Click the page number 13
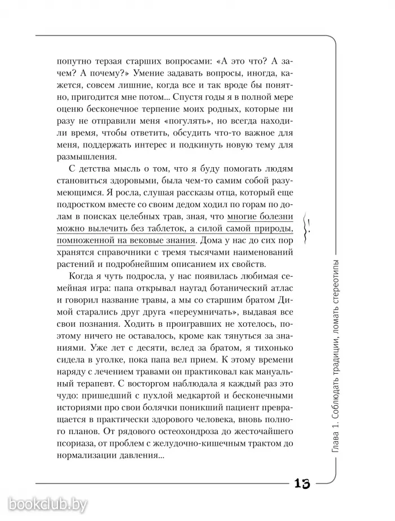[x=301, y=484]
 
